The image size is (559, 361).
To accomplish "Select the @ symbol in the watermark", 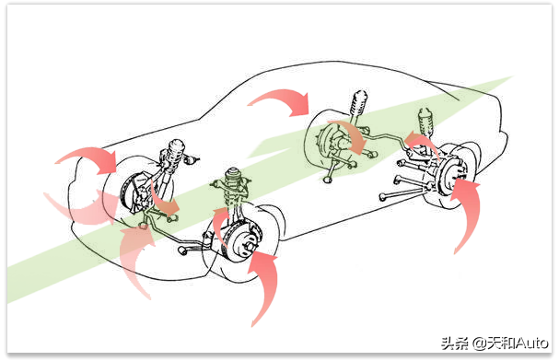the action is pos(480,344).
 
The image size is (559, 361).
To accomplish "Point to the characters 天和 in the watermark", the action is pos(502,344).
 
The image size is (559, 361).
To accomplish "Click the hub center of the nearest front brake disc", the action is pos(249,247).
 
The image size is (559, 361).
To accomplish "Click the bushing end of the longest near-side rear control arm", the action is pos(383,197).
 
